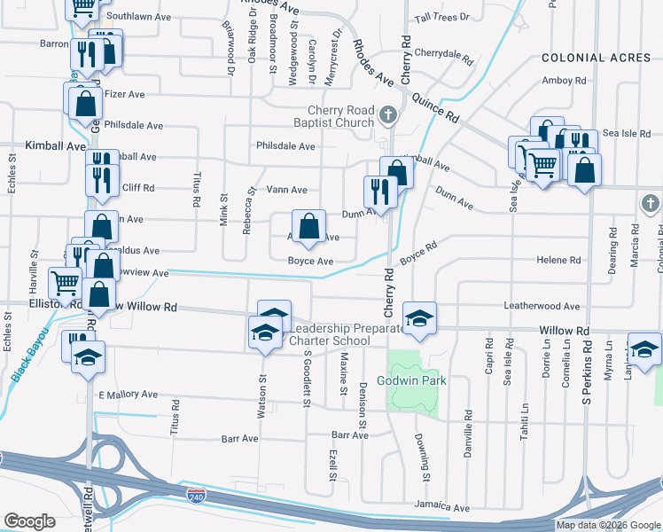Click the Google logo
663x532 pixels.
[x=29, y=521]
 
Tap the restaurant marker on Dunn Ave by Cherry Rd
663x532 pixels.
[x=380, y=193]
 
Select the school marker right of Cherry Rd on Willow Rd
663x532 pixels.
[x=420, y=317]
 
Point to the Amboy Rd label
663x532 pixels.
[x=564, y=81]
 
